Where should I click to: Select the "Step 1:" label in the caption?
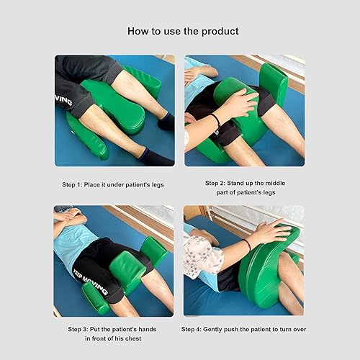(x=74, y=185)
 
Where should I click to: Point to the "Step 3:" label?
(x=81, y=328)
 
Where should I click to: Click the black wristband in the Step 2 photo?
(x=216, y=120)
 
